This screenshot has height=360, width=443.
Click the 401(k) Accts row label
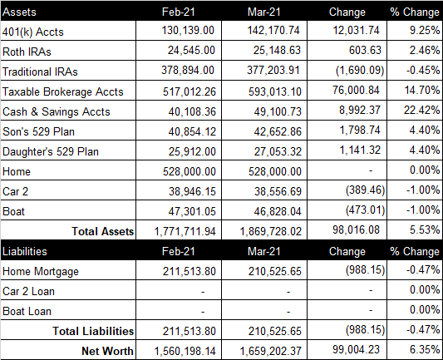pos(32,32)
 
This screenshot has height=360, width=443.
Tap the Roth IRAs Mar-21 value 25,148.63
pos(277,50)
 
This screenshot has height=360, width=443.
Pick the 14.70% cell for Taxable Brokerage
pos(422,90)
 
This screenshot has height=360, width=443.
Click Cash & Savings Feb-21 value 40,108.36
pos(192,111)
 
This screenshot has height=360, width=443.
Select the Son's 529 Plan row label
pos(38,131)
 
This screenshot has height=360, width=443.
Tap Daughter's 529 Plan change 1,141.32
pos(360,150)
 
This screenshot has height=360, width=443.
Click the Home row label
pos(17,171)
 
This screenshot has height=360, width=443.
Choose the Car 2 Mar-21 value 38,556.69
pos(278,191)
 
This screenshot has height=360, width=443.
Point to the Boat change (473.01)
pos(366,210)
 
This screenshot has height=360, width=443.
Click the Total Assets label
pos(103,231)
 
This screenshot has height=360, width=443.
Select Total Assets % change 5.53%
pos(425,229)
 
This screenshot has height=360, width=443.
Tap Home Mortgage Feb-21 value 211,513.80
pos(190,272)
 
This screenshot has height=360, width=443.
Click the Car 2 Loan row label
pos(28,291)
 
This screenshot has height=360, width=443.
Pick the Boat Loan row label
pos(27,312)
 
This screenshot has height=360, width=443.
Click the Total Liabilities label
pos(93,331)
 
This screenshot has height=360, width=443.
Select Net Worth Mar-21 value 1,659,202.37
pos(271,351)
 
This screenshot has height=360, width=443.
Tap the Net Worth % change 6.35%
pos(425,349)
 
